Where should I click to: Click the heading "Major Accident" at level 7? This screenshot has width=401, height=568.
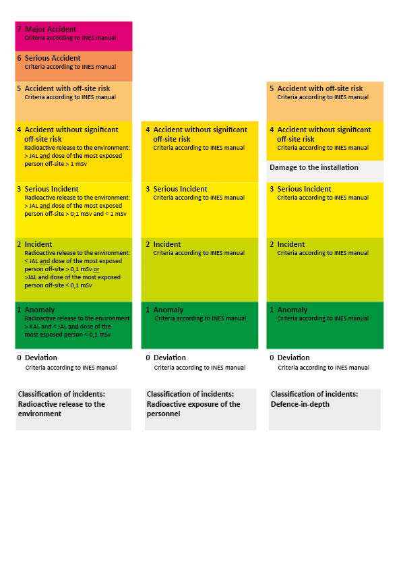50,30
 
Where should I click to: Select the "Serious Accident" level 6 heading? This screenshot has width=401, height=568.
53,59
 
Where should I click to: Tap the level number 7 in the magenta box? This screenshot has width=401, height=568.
19,30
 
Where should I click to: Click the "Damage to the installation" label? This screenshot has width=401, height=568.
314,167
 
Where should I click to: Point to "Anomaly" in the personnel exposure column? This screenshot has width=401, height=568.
168,310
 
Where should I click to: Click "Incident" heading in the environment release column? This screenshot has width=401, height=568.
38,244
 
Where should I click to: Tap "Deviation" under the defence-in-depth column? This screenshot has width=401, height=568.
294,358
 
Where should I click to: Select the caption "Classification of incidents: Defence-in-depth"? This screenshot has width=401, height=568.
314,399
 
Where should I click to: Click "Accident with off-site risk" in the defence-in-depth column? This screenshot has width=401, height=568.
320,88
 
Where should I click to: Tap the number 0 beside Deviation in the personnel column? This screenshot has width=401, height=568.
148,358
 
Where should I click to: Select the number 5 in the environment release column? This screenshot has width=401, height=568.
19,88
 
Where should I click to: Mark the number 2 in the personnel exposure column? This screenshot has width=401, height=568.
148,244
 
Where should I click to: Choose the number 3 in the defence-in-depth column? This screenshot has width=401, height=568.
272,189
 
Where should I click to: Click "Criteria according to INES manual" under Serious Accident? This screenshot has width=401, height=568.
70,67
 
